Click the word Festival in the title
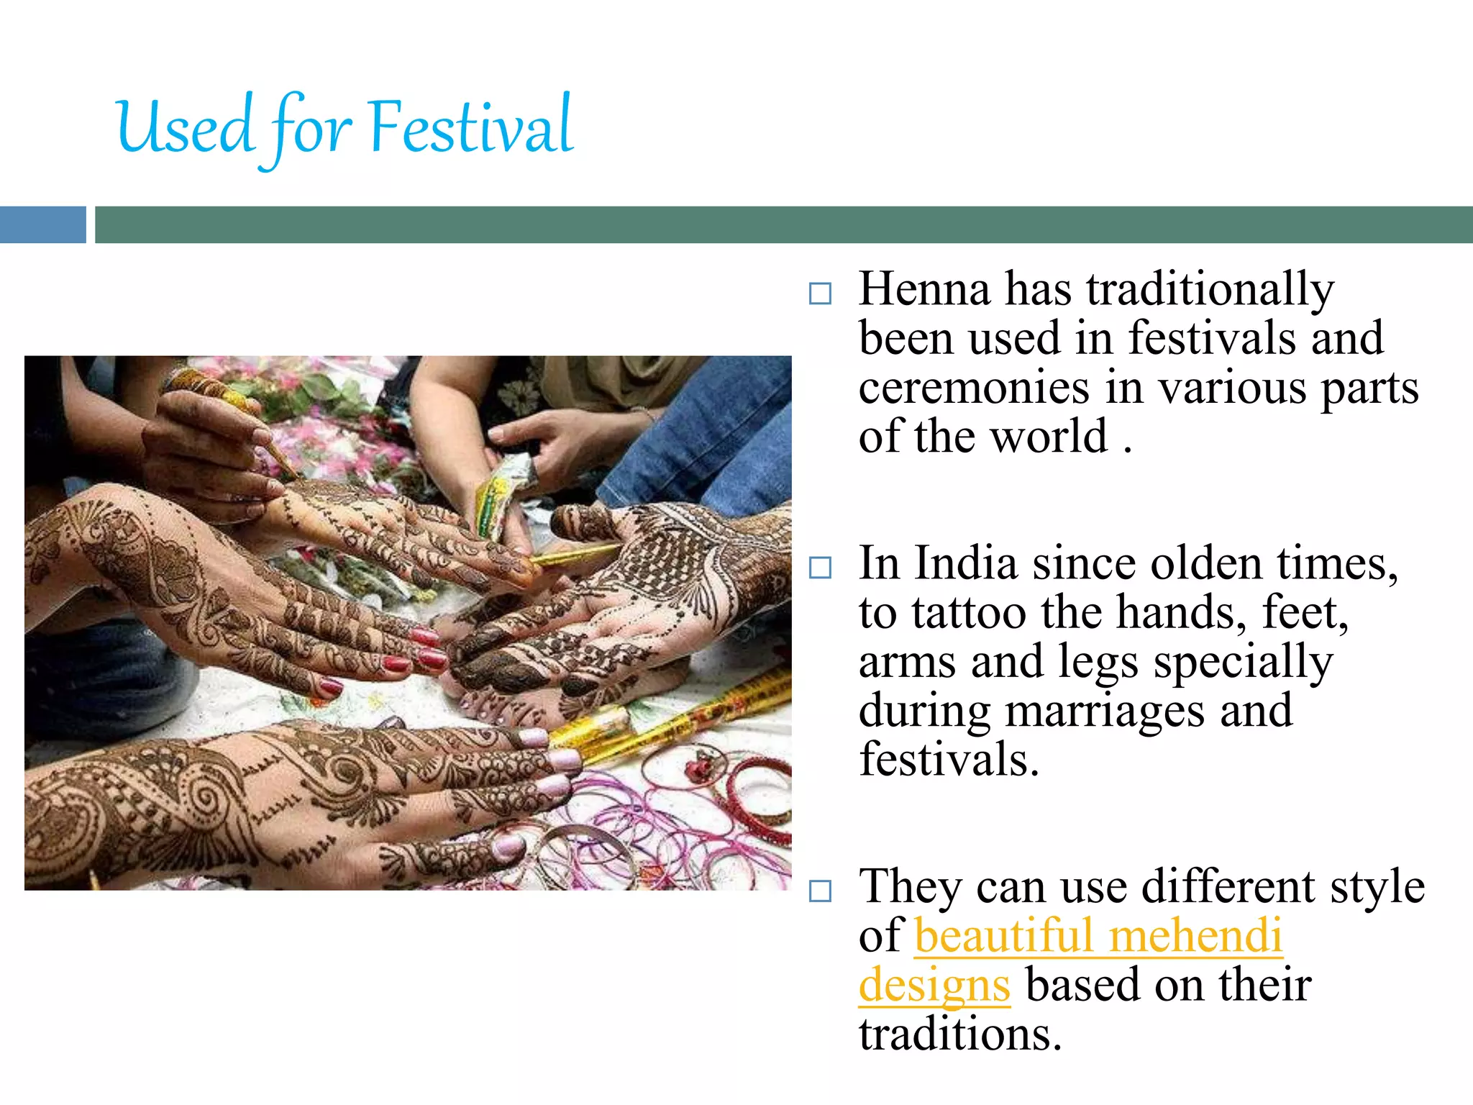[471, 128]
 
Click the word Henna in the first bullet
[924, 289]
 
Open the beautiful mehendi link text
[1098, 936]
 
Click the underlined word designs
[934, 986]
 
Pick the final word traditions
[959, 1034]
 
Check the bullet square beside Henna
[820, 294]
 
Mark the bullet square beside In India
[820, 568]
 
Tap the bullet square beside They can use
[820, 891]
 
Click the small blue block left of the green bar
[42, 224]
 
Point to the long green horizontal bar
[783, 224]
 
